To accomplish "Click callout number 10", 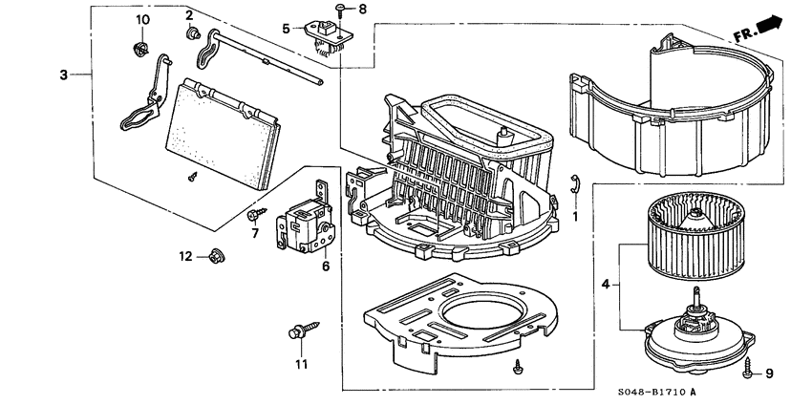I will pos(142,20).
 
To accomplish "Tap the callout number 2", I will pos(189,14).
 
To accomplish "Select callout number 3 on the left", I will pos(63,75).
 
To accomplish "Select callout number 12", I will pos(186,256).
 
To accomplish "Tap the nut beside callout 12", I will pos(214,255).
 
